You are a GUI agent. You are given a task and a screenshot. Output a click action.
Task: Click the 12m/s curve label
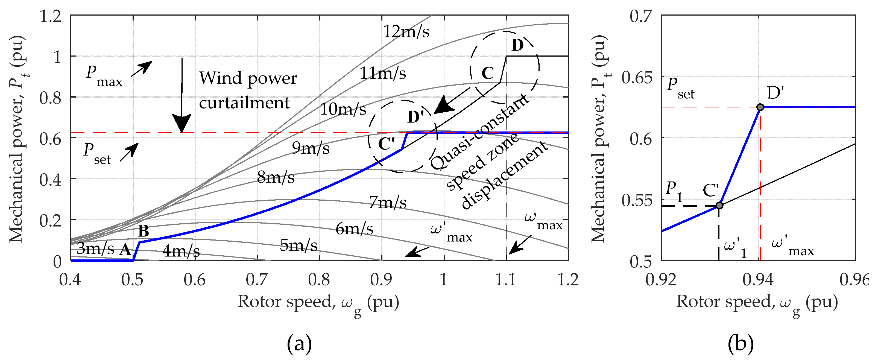pyautogui.click(x=406, y=32)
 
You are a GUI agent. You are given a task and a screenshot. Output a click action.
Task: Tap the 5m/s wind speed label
pyautogui.click(x=299, y=245)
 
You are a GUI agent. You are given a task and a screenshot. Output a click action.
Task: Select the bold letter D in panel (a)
pyautogui.click(x=517, y=45)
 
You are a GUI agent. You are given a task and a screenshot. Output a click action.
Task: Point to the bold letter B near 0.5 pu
pyautogui.click(x=144, y=231)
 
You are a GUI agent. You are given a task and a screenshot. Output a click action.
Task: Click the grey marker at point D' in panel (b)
pyautogui.click(x=760, y=107)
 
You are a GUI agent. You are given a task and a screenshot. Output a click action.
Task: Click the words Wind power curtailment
pyautogui.click(x=248, y=90)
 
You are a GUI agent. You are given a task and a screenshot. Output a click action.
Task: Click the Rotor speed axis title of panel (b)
pyautogui.click(x=757, y=303)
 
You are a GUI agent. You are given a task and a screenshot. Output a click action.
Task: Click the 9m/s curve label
pyautogui.click(x=311, y=148)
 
